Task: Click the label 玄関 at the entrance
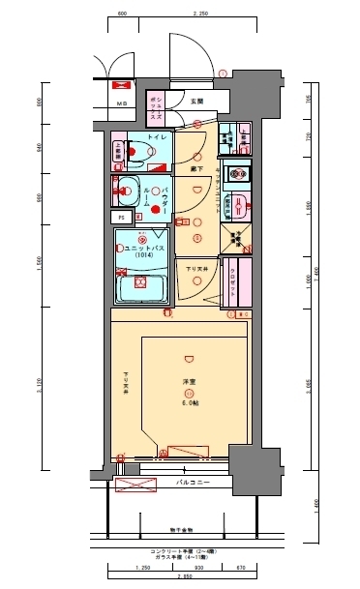tap(195, 101)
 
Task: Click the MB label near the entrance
tap(123, 103)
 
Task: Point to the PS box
tap(123, 217)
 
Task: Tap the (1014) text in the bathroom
tap(141, 256)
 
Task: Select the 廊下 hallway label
tap(195, 168)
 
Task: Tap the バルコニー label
tap(194, 481)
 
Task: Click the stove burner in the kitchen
tap(235, 174)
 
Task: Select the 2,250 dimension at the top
tap(200, 15)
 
